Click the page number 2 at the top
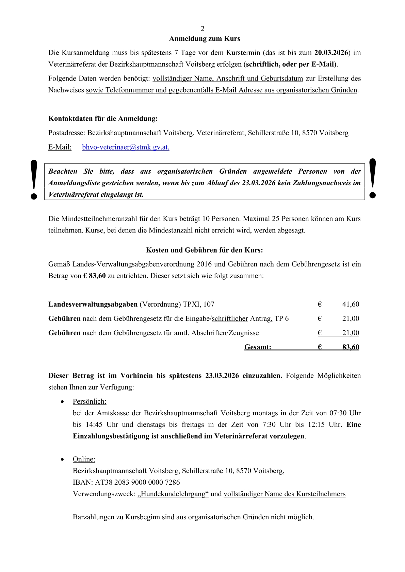(202, 29)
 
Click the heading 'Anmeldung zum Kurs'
(205, 39)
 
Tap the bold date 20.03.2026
(331, 53)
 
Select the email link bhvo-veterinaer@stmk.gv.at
(126, 147)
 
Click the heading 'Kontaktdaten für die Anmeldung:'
(103, 119)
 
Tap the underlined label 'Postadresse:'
(67, 133)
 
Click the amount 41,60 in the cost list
(351, 304)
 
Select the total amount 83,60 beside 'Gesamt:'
(351, 347)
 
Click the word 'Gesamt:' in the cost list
(258, 347)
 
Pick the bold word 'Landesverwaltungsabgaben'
(93, 304)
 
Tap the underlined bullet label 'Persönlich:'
(90, 401)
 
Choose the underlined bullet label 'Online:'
(84, 459)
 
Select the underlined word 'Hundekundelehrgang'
(173, 494)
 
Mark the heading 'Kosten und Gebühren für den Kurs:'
(205, 250)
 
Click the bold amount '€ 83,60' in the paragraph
(94, 276)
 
